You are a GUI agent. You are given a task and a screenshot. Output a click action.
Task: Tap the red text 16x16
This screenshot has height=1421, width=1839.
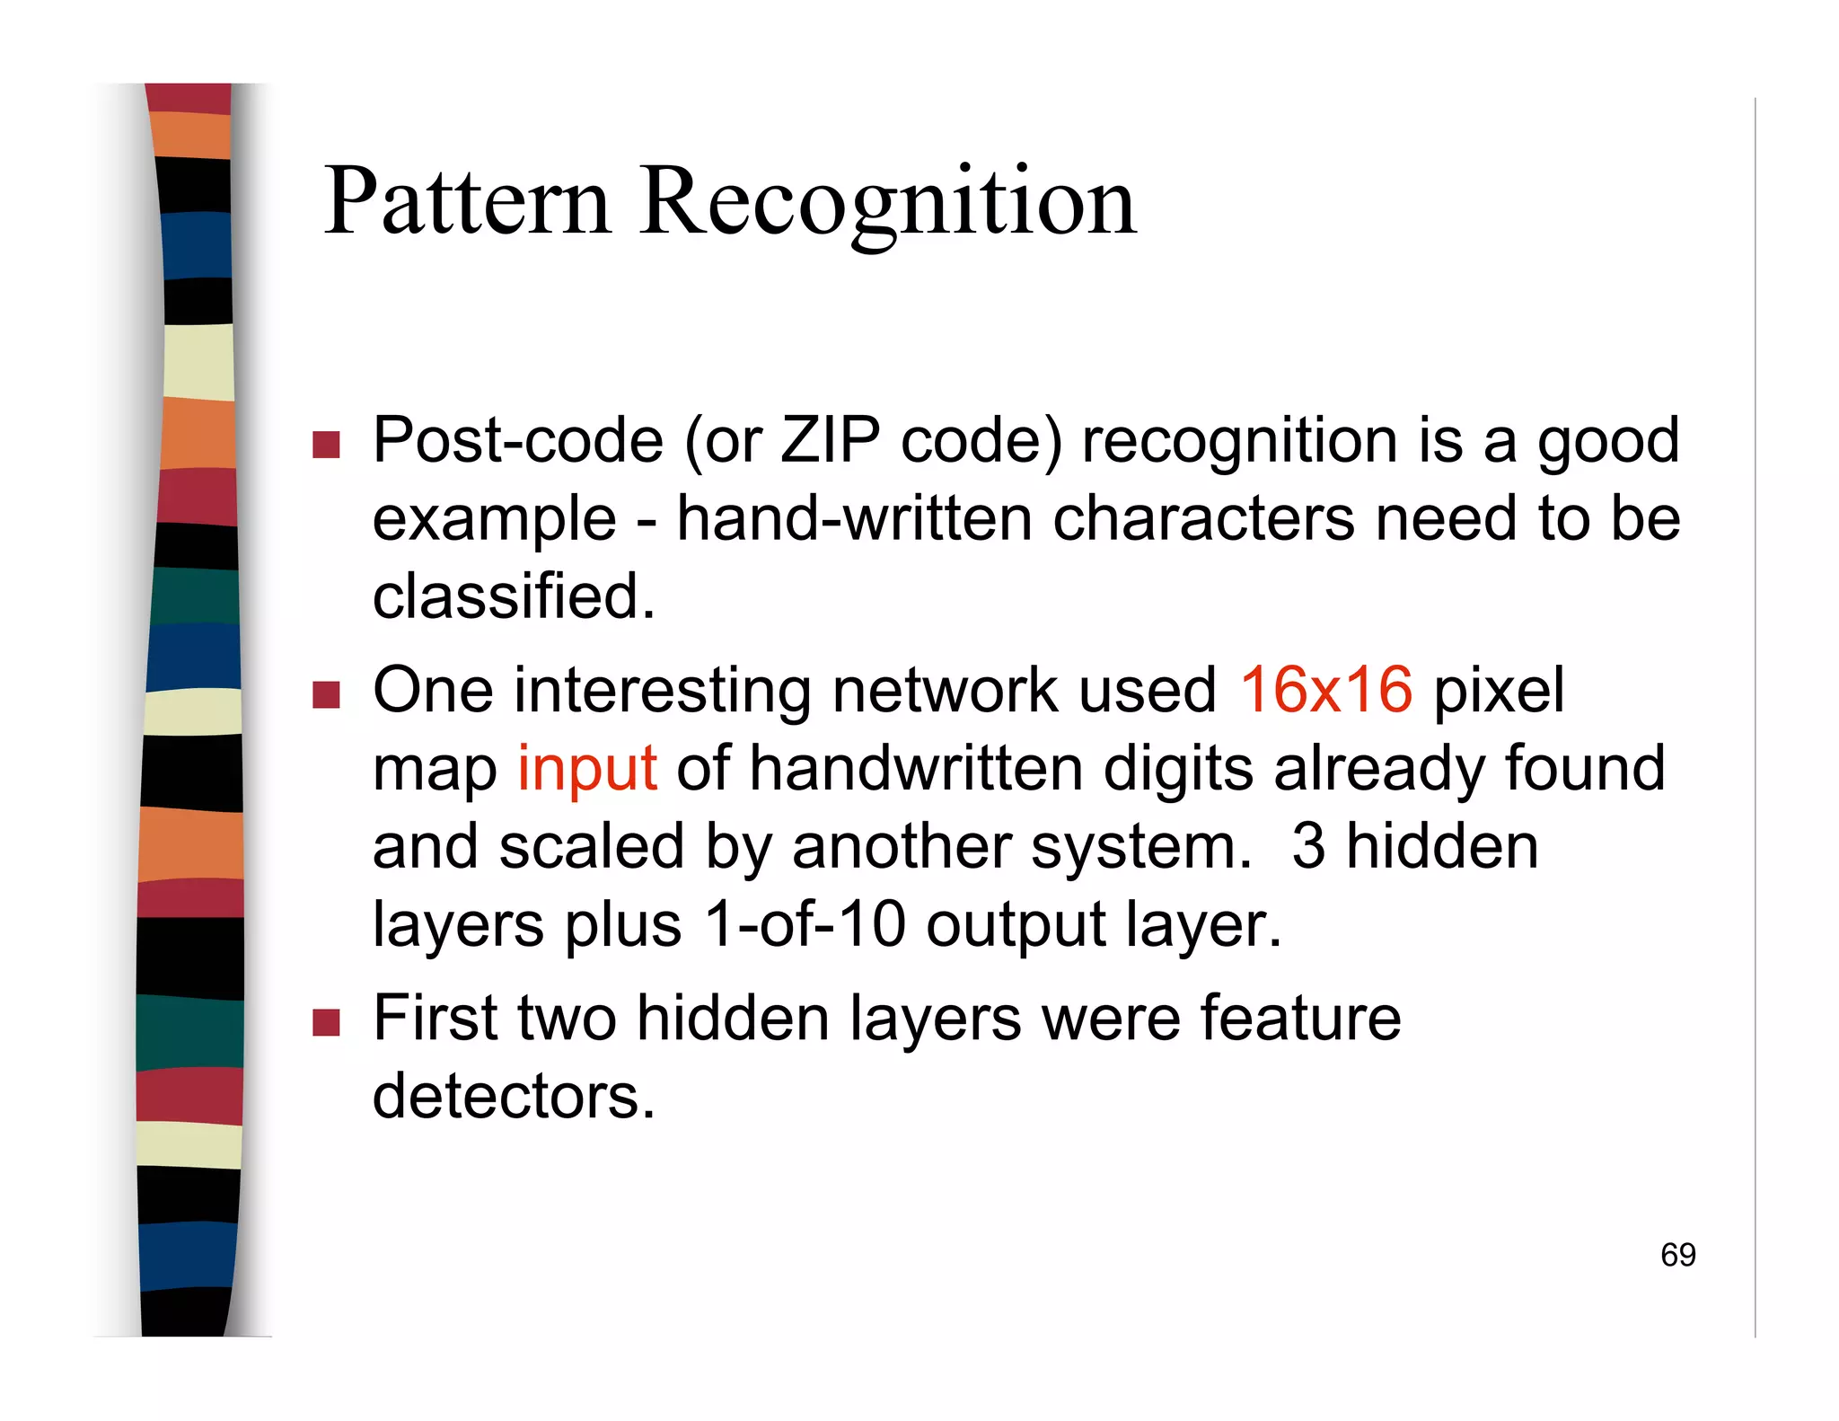(1325, 690)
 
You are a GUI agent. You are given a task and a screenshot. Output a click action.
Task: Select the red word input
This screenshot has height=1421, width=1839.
(587, 769)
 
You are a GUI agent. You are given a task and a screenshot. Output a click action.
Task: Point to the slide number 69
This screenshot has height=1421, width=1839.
(1677, 1255)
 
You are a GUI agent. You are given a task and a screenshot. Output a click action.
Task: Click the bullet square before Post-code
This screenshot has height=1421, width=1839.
(326, 445)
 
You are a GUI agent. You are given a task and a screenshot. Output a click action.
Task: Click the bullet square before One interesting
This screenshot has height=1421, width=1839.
(326, 694)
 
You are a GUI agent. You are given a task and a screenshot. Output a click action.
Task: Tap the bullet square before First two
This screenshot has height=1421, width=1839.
(326, 1022)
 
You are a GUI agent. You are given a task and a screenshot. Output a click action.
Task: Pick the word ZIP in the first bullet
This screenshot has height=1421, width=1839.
(830, 441)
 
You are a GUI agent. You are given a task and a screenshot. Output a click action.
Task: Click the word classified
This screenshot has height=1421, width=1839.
(513, 596)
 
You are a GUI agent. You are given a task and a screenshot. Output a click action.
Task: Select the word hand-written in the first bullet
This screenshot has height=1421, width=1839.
(854, 519)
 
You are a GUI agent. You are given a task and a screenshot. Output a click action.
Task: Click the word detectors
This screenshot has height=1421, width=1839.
(513, 1097)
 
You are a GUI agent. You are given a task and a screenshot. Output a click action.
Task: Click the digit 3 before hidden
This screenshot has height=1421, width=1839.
(1307, 846)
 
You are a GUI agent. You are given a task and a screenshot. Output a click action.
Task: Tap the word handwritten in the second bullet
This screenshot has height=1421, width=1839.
(916, 769)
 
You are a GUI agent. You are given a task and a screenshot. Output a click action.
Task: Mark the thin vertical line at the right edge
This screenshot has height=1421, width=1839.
(1755, 719)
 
